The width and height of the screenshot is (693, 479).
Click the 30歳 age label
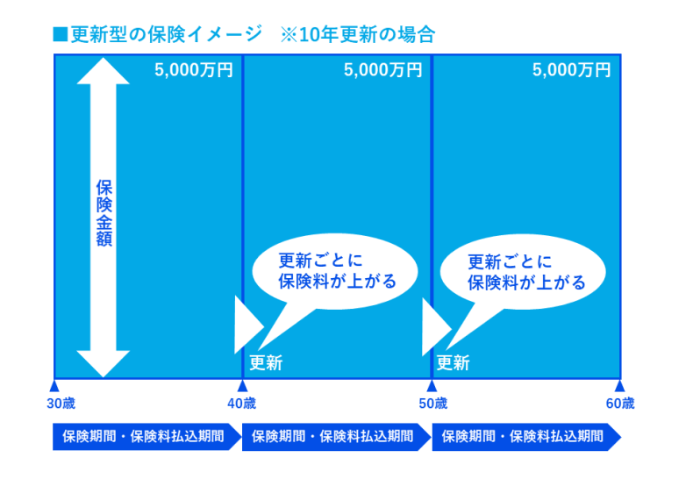click(x=61, y=403)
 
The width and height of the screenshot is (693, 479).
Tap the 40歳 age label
click(x=241, y=403)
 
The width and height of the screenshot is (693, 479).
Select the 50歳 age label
click(x=433, y=403)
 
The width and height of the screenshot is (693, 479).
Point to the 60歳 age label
click(x=620, y=403)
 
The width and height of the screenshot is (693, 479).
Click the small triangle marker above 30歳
click(x=54, y=386)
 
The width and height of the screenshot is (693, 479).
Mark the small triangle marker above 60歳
click(x=619, y=386)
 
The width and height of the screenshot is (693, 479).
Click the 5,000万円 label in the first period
click(x=194, y=70)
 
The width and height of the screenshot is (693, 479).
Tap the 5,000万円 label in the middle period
click(x=382, y=70)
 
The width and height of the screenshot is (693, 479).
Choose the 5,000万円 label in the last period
click(x=571, y=70)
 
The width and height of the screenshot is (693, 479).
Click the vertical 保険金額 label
click(x=104, y=213)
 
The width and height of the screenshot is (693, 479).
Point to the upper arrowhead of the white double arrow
click(x=103, y=72)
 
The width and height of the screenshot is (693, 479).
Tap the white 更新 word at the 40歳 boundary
click(x=266, y=363)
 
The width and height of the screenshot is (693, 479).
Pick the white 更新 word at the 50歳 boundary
click(x=453, y=363)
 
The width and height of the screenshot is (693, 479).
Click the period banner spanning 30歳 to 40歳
click(x=147, y=437)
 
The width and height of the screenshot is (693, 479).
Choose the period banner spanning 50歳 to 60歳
click(x=526, y=437)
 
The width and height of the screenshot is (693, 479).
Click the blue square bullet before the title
click(x=61, y=34)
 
